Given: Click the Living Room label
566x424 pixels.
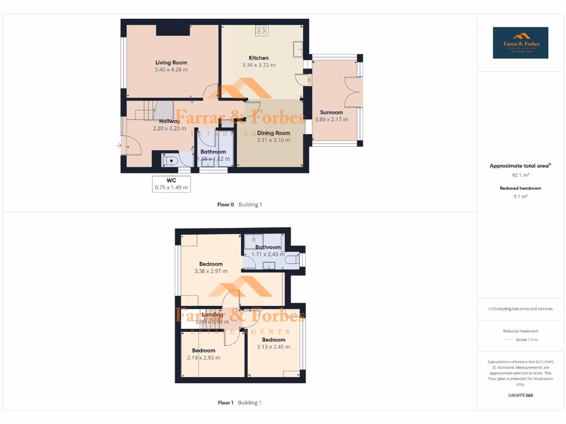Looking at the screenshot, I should click(x=171, y=62).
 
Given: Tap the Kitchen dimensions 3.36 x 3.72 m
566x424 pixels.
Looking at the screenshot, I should click(x=258, y=65).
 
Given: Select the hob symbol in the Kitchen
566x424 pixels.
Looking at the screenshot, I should click(x=262, y=31).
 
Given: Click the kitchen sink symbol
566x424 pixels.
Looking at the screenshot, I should click(x=298, y=49).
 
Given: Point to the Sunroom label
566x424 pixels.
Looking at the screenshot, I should click(x=332, y=112).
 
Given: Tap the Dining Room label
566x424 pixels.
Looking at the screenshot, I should click(x=273, y=133).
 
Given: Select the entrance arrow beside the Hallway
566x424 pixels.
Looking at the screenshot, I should click(x=119, y=145).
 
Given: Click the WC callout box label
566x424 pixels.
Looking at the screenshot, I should click(x=171, y=180).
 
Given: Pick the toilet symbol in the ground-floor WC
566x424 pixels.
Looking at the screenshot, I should click(x=170, y=161).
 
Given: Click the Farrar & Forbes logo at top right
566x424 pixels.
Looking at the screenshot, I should click(x=521, y=43).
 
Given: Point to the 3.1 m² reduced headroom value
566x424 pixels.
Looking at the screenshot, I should click(x=520, y=196).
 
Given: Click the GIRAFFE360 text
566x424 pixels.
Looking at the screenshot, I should click(x=520, y=395).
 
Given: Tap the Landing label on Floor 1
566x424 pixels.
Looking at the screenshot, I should click(x=212, y=315).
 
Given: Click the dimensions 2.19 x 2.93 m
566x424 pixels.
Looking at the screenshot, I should click(x=203, y=358).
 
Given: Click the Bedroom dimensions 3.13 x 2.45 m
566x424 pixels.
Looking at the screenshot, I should click(x=273, y=347).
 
